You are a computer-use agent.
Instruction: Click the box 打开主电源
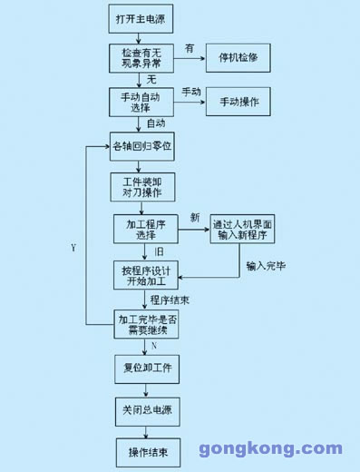tap(139, 18)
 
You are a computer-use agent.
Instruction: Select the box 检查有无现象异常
tap(140, 57)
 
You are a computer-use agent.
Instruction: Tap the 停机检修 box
tap(239, 57)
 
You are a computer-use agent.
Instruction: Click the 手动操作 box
tap(239, 102)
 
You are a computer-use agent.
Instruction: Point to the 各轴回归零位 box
tap(141, 145)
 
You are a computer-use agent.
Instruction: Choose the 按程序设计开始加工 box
tap(144, 275)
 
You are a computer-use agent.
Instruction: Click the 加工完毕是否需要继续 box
tap(146, 324)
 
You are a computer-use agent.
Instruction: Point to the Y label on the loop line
tap(73, 247)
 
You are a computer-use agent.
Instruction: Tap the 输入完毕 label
tap(266, 267)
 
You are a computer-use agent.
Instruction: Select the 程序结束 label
tap(170, 300)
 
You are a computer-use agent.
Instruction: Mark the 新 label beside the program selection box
tap(194, 217)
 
